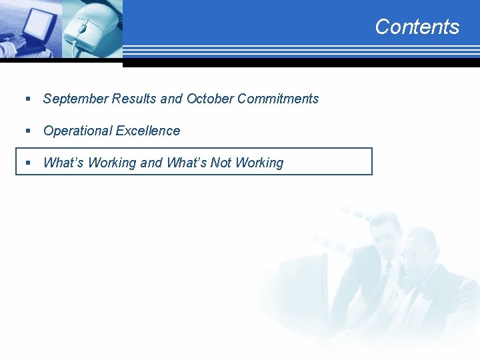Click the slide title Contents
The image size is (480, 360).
pos(417,27)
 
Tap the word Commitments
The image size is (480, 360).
pos(278,99)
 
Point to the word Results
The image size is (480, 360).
pos(135,99)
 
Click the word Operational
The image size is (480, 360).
pos(78,131)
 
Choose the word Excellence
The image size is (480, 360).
pos(148,131)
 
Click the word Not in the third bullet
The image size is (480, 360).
pos(221,163)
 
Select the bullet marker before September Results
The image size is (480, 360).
pos(28,99)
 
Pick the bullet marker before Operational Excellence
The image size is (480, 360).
pos(28,131)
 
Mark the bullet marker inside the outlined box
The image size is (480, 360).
pos(28,163)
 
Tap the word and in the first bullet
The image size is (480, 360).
pos(171,99)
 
